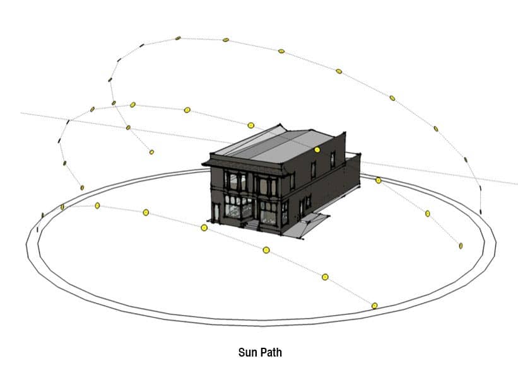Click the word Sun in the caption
point(248,352)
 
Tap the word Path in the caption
point(271,352)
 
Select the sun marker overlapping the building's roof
point(317,150)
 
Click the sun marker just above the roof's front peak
point(250,125)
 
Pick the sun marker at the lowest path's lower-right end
point(374,306)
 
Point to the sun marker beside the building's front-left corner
point(204,227)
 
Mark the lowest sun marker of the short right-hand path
point(461,246)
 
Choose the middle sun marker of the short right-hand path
point(428,214)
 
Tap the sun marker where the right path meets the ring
point(379,180)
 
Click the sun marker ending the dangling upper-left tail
point(151,152)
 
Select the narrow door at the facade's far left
point(216,212)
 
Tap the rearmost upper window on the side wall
point(333,159)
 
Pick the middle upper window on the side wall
point(313,171)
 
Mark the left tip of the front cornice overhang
point(203,164)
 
